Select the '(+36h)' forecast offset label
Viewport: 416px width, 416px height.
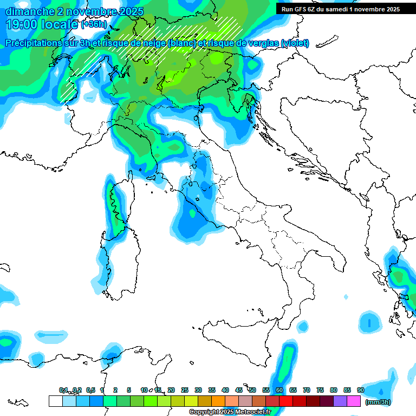coord(94,24)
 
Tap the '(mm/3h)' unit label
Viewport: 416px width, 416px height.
coord(378,402)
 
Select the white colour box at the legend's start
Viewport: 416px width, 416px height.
coord(55,401)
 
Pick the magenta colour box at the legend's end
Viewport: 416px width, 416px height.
coord(354,401)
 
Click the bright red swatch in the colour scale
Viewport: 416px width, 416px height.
coord(286,401)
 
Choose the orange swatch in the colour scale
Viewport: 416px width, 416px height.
coord(218,401)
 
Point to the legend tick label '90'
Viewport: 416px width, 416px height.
coord(360,390)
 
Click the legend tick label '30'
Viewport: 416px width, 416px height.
coord(198,390)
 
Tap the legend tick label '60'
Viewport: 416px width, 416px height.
coord(279,390)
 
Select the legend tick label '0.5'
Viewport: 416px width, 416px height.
coord(90,390)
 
